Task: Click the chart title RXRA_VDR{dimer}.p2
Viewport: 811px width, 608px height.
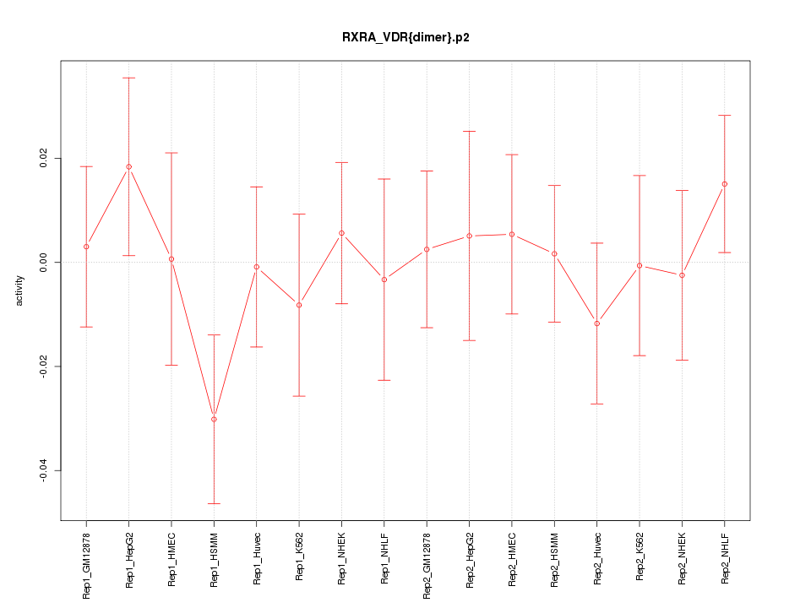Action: click(405, 37)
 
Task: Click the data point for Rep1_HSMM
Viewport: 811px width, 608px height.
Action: click(214, 419)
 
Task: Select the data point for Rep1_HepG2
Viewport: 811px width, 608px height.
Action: click(128, 166)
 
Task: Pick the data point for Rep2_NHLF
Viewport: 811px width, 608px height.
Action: click(724, 183)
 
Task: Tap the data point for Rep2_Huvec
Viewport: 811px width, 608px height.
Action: click(596, 323)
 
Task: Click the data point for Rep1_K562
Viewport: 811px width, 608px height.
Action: click(299, 305)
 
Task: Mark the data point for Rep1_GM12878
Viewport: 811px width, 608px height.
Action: click(86, 247)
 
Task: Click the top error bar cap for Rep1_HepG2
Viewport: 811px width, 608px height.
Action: click(128, 78)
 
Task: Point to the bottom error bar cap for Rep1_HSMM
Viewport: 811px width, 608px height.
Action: click(214, 503)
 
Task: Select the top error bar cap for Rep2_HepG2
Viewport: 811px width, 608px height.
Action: click(469, 131)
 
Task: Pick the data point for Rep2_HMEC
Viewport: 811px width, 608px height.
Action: click(511, 234)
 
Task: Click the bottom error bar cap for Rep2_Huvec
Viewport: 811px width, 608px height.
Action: click(596, 404)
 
